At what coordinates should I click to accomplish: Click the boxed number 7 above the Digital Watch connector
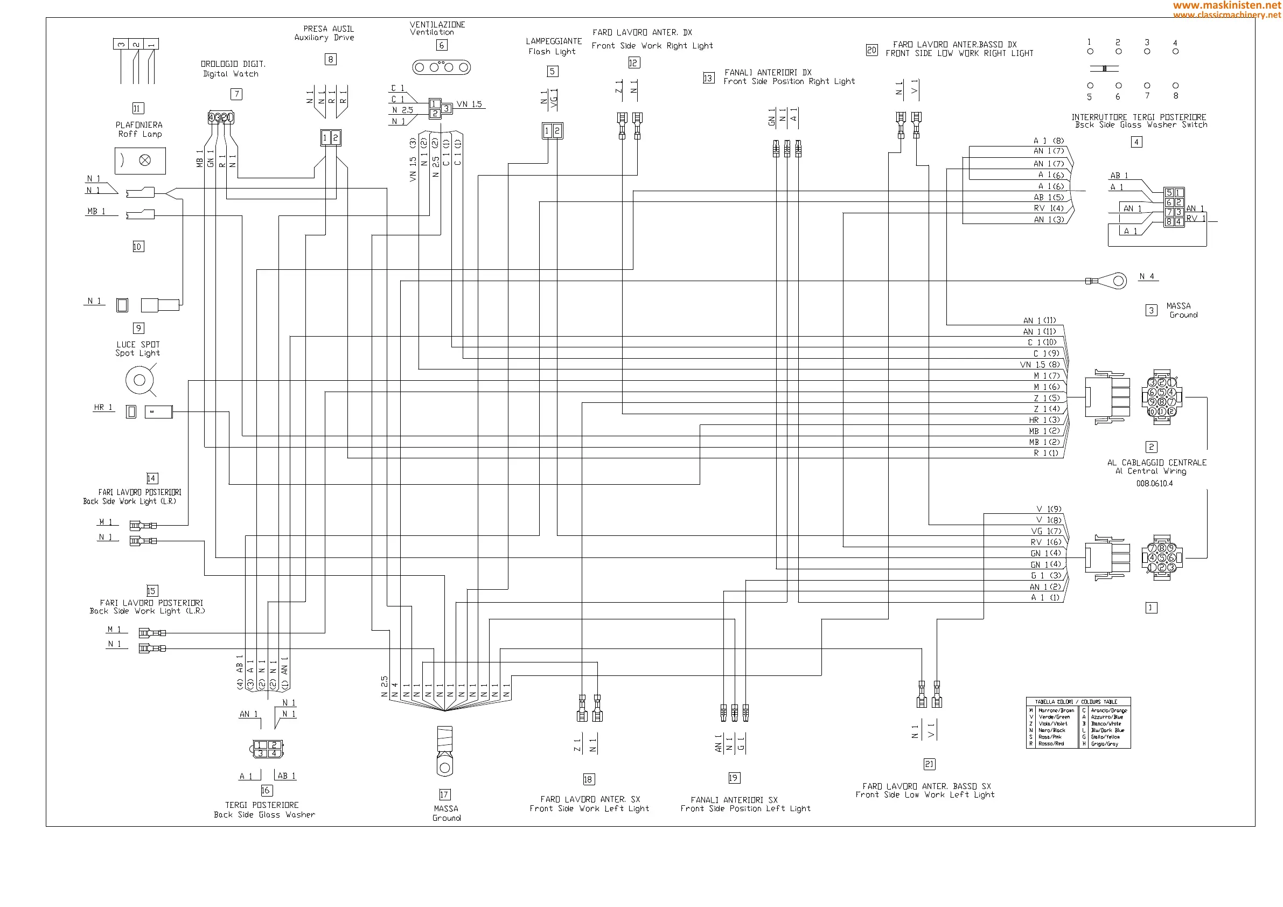pos(236,94)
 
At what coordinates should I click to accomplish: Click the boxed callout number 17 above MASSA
pos(444,794)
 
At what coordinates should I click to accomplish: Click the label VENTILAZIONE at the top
pos(437,25)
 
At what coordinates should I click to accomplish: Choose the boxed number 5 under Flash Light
pos(552,71)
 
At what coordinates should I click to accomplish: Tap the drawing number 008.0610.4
pos(1154,484)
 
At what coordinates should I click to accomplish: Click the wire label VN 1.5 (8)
pos(1040,365)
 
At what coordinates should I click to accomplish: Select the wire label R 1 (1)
pos(1045,453)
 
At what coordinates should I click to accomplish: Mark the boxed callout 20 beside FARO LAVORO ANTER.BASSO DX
pos(871,50)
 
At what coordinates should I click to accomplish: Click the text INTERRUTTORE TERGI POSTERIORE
pos(1138,117)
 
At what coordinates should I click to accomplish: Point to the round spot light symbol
pos(139,380)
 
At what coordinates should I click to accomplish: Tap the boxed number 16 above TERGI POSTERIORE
pos(266,790)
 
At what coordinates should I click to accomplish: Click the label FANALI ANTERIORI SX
pos(734,800)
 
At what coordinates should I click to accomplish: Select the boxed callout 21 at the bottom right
pos(929,764)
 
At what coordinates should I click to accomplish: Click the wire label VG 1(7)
pos(1045,531)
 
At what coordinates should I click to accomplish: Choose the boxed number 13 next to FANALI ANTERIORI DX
pos(708,78)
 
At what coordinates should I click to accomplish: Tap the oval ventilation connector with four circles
pos(441,68)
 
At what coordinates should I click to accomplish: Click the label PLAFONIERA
pos(138,125)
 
